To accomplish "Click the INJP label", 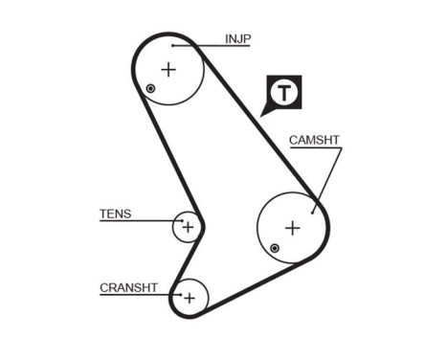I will tap(237, 39).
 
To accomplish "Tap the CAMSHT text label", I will tap(314, 141).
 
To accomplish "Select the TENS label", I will tap(115, 214).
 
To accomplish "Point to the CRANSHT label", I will tap(128, 287).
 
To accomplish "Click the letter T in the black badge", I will tap(284, 93).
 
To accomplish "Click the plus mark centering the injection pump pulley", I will tap(168, 69).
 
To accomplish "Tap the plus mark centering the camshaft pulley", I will tap(293, 228).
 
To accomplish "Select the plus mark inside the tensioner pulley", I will tap(189, 227).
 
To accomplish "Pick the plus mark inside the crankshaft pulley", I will tap(189, 298).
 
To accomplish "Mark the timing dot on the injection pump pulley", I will tap(150, 89).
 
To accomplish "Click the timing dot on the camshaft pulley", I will tap(275, 249).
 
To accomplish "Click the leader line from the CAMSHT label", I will tap(325, 177).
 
